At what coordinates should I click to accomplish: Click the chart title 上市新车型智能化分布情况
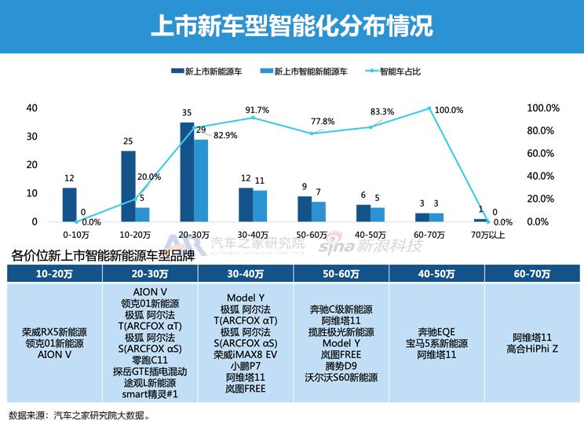(291, 25)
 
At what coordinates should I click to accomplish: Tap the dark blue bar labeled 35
(187, 172)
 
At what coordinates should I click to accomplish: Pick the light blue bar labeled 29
(201, 181)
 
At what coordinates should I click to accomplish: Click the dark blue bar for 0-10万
(70, 205)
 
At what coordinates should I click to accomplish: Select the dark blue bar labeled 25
(128, 186)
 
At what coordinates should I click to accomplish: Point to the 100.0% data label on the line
(449, 110)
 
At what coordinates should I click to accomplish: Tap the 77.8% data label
(323, 122)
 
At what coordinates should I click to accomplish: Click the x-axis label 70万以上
(487, 235)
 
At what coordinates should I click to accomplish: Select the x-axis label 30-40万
(253, 235)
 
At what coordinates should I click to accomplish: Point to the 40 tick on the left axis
(31, 108)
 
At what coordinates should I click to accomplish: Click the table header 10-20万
(55, 273)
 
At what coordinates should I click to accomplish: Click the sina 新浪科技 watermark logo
(370, 247)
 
